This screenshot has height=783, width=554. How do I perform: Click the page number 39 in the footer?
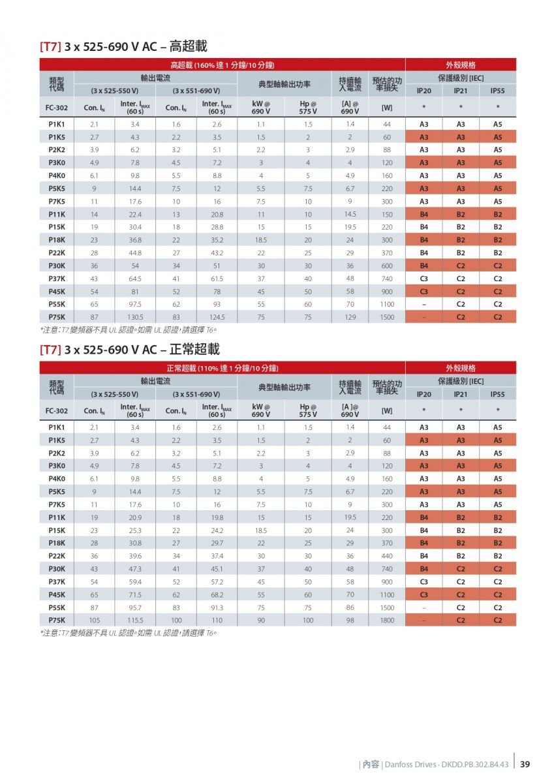525,765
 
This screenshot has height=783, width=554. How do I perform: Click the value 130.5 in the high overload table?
135,317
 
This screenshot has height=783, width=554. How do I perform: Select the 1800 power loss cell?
387,621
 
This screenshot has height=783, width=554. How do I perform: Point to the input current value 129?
350,317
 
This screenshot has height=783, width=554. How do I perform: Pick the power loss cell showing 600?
387,266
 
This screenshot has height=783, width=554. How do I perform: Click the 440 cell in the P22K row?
387,556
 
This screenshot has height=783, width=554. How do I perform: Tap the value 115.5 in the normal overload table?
135,621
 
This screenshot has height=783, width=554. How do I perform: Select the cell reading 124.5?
217,317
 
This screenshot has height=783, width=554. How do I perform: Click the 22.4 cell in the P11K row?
135,215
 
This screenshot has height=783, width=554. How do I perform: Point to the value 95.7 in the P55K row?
135,608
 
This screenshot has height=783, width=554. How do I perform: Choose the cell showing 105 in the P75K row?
95,621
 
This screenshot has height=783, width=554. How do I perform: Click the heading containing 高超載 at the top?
123,46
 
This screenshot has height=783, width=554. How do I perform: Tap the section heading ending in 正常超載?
130,350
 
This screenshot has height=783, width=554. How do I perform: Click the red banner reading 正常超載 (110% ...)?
223,368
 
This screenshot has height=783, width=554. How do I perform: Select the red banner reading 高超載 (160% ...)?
223,65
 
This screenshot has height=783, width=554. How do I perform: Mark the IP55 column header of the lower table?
497,394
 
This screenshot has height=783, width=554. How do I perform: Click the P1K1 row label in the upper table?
57,125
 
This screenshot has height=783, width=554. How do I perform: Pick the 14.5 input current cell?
350,215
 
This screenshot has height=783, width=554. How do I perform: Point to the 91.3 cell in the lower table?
217,608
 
